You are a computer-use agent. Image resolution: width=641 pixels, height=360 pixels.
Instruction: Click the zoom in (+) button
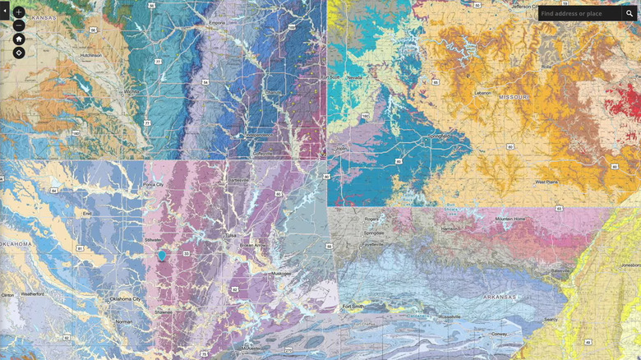click(x=19, y=12)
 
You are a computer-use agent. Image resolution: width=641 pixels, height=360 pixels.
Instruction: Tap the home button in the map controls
click(x=19, y=39)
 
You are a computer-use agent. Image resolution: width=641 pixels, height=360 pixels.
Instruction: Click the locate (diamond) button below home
click(x=19, y=53)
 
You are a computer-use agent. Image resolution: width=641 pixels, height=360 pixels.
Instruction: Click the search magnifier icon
click(x=629, y=13)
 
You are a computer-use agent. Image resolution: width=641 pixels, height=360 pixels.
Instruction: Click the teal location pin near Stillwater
click(x=162, y=256)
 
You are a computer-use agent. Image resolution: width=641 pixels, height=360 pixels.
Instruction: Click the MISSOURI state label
click(x=514, y=96)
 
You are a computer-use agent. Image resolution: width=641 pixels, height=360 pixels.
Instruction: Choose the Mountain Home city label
click(x=510, y=219)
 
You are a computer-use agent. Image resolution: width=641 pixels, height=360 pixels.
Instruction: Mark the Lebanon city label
click(x=482, y=93)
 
